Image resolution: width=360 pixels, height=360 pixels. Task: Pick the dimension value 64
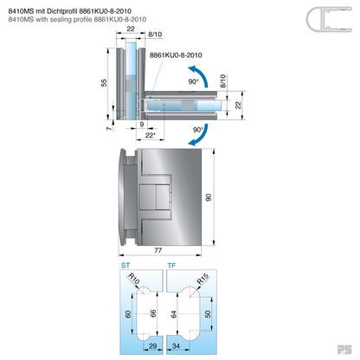coord(173,312)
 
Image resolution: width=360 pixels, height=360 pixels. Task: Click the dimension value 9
coord(141,125)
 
